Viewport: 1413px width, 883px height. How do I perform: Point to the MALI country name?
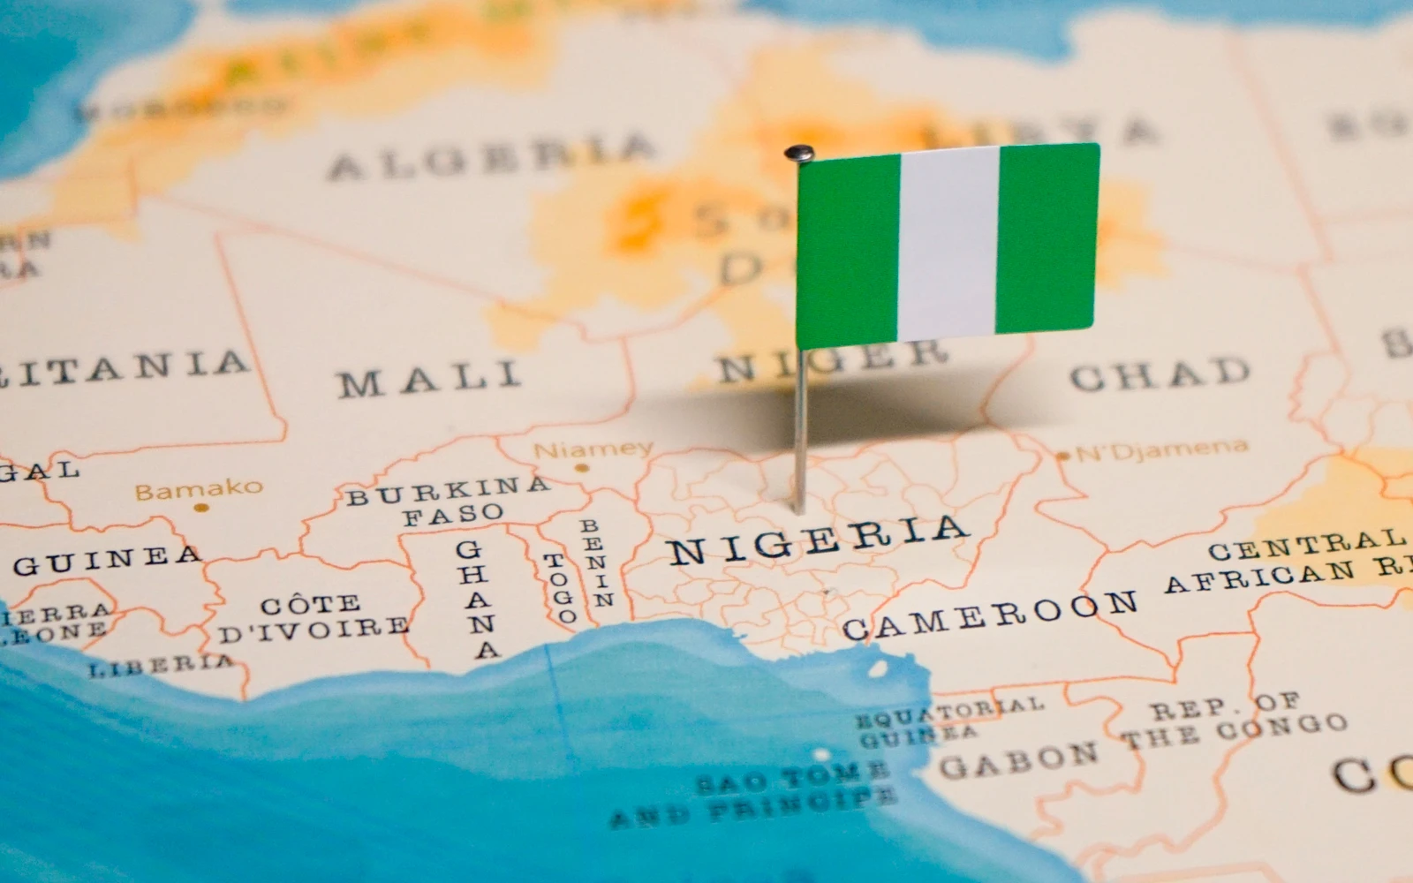click(x=429, y=380)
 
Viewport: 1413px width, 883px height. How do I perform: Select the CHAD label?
click(x=1160, y=374)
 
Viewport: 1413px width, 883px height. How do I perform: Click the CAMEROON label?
click(x=989, y=615)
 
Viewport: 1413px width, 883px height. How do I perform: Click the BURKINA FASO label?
click(x=449, y=501)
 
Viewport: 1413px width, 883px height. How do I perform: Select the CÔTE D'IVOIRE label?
click(x=314, y=619)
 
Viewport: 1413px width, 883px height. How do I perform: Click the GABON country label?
click(x=1018, y=761)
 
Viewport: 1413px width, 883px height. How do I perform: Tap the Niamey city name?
click(x=593, y=449)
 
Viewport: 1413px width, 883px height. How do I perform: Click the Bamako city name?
click(x=199, y=488)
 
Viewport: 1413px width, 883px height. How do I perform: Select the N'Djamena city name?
click(x=1163, y=450)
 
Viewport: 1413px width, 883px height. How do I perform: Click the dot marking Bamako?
click(x=200, y=509)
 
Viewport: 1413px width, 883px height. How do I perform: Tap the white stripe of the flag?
click(x=948, y=243)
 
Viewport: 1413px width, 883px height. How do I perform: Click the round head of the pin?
click(x=798, y=153)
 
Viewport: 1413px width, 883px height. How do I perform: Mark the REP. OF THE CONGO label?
click(x=1235, y=720)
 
